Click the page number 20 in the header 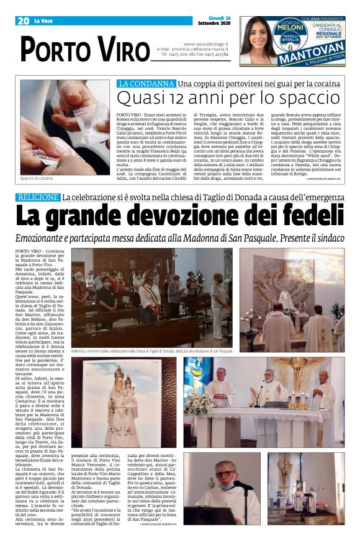[23, 21]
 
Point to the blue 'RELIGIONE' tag [37, 197]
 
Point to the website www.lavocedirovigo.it [206, 44]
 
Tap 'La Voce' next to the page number [43, 21]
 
